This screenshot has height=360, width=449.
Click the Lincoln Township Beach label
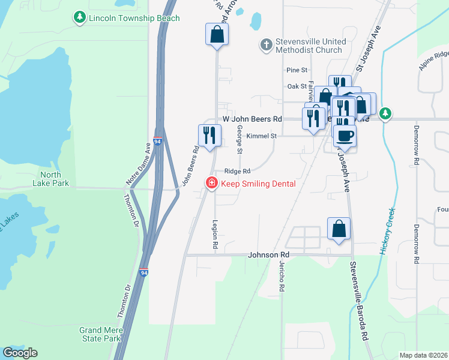pyautogui.click(x=134, y=18)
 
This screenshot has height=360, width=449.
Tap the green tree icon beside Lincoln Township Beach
pyautogui.click(x=79, y=18)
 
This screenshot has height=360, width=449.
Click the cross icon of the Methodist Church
pyautogui.click(x=265, y=44)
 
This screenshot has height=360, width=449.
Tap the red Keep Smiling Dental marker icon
pyautogui.click(x=211, y=184)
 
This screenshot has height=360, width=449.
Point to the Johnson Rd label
pyautogui.click(x=268, y=255)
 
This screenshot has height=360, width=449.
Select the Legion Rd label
pyautogui.click(x=214, y=233)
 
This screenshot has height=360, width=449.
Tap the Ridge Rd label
pyautogui.click(x=237, y=171)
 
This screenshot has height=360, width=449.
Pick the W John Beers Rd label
pyautogui.click(x=252, y=119)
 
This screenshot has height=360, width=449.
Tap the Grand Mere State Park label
pyautogui.click(x=101, y=335)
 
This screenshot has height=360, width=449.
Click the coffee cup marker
pyautogui.click(x=345, y=136)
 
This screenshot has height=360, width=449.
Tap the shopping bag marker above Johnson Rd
pyautogui.click(x=339, y=229)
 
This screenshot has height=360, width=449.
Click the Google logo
pyautogui.click(x=20, y=353)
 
